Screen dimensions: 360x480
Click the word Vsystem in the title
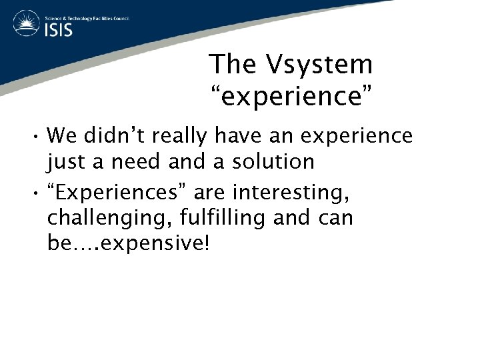point(319,65)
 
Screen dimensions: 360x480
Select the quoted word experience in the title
point(291,96)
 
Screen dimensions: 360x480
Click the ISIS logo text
point(59,30)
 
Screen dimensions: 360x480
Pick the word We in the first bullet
point(63,136)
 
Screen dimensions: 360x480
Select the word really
point(185,137)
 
